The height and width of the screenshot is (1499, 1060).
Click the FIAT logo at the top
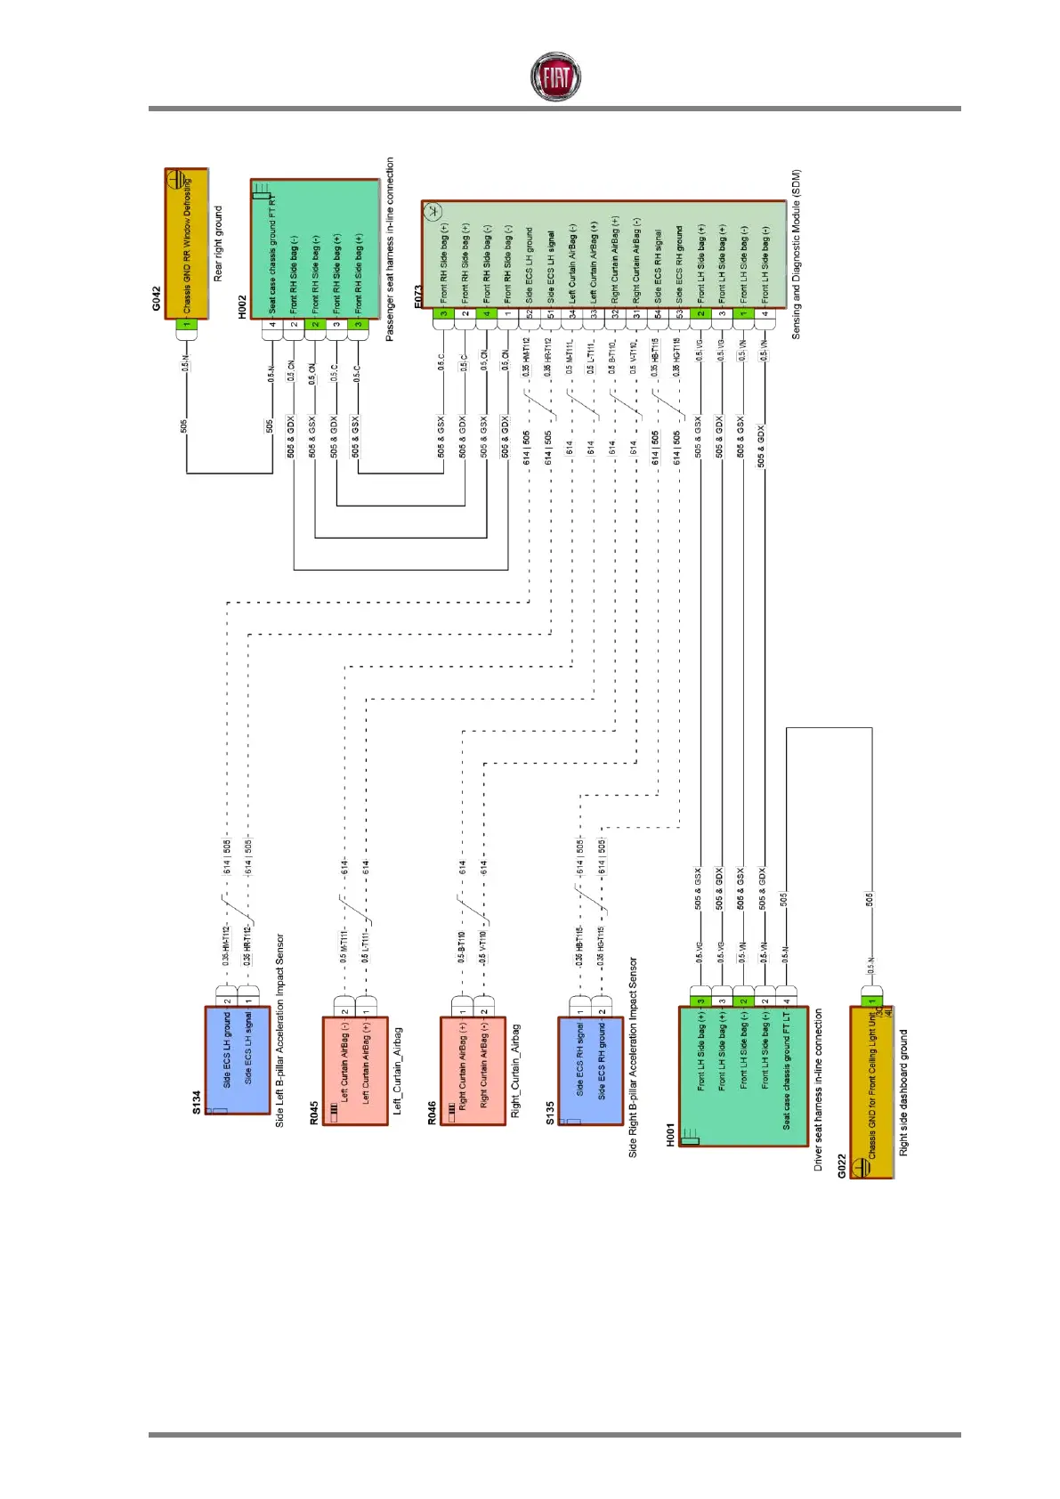pos(555,77)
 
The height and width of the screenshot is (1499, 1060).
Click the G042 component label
pos(157,297)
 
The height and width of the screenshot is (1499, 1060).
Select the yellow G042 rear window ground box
pos(187,245)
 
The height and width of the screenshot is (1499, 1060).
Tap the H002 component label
pos(242,308)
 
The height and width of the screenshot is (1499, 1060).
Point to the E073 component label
pos(418,297)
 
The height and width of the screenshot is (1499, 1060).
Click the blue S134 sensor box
pos(237,1059)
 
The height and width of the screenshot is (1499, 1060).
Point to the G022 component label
pos(841,1166)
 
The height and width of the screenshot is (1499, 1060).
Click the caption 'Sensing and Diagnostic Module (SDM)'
pos(797,254)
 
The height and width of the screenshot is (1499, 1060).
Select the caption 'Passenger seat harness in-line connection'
pos(390,249)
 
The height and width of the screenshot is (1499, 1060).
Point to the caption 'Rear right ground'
pos(218,244)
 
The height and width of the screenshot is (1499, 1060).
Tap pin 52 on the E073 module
pos(530,313)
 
